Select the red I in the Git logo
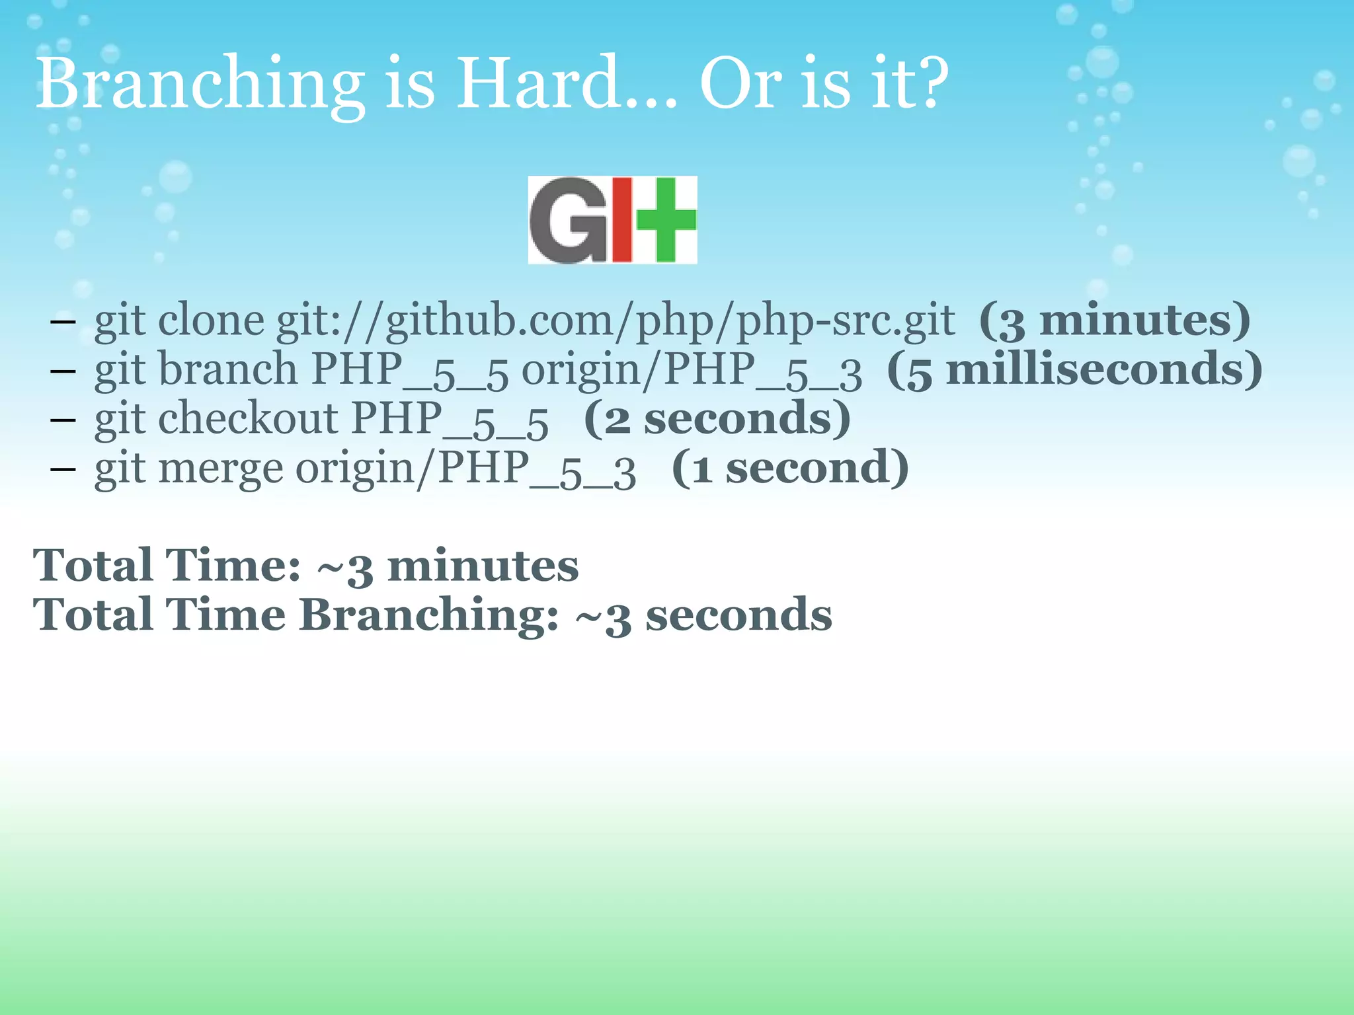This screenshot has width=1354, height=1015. click(621, 220)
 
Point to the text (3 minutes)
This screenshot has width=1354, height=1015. click(1115, 320)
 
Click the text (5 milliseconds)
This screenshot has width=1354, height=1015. click(1074, 370)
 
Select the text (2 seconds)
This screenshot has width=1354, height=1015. click(717, 420)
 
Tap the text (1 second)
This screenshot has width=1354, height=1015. click(790, 469)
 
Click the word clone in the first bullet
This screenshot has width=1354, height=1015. click(211, 320)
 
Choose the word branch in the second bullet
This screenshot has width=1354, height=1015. click(227, 369)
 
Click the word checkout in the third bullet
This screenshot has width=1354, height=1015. click(248, 419)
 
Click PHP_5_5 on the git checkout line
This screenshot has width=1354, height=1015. click(450, 420)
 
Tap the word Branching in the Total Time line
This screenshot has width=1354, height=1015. click(428, 615)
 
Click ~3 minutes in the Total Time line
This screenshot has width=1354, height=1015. click(448, 567)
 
